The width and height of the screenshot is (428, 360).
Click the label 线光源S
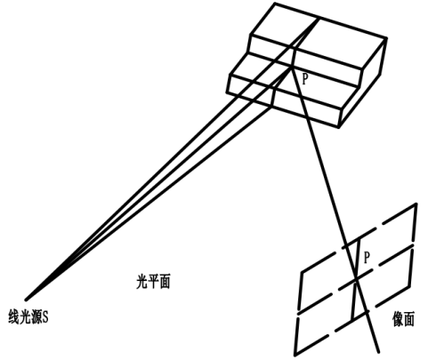click(x=28, y=316)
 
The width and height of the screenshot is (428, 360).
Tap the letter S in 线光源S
click(x=45, y=317)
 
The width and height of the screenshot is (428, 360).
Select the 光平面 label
click(x=153, y=281)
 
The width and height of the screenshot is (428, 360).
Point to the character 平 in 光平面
click(x=153, y=281)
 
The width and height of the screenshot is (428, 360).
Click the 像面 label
click(x=403, y=319)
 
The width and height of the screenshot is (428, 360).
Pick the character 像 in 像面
click(x=398, y=319)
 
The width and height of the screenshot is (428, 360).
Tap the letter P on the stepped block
click(x=304, y=79)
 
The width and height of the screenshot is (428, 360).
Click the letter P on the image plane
click(x=367, y=258)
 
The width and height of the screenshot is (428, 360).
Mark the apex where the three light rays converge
click(x=26, y=300)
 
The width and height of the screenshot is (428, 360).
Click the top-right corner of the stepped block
click(x=386, y=38)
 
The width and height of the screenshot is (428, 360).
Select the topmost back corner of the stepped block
click(x=275, y=4)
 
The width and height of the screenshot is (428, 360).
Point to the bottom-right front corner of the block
click(x=338, y=127)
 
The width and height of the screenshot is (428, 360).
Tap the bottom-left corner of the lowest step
click(x=228, y=92)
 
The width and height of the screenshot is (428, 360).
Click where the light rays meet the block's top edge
click(x=319, y=19)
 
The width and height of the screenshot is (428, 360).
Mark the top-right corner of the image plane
click(x=416, y=204)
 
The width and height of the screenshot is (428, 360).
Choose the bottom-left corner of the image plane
click(x=295, y=355)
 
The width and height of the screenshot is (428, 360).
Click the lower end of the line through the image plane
click(x=378, y=352)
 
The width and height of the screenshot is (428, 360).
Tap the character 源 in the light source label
click(x=36, y=316)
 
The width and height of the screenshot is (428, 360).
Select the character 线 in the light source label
click(x=13, y=316)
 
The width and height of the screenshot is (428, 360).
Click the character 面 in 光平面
click(x=165, y=281)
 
